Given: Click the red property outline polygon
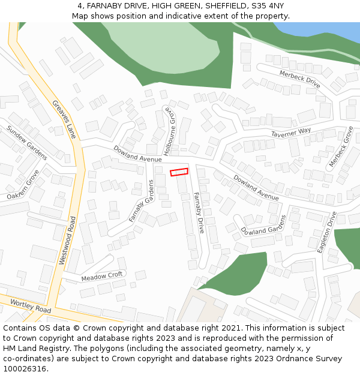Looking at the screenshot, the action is point(179,172).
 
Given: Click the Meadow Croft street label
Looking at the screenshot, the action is point(102,276).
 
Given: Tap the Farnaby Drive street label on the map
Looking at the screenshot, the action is point(199,212).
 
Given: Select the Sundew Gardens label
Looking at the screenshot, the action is point(26,142).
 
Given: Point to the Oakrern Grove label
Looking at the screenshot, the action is point(23,185).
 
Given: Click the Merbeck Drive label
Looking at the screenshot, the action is point(300,78).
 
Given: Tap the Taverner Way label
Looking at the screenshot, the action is point(291,132).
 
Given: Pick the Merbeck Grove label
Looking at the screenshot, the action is point(341,146).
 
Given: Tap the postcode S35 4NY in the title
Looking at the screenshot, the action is point(268,6).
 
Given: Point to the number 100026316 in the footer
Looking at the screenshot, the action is point(23,368).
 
